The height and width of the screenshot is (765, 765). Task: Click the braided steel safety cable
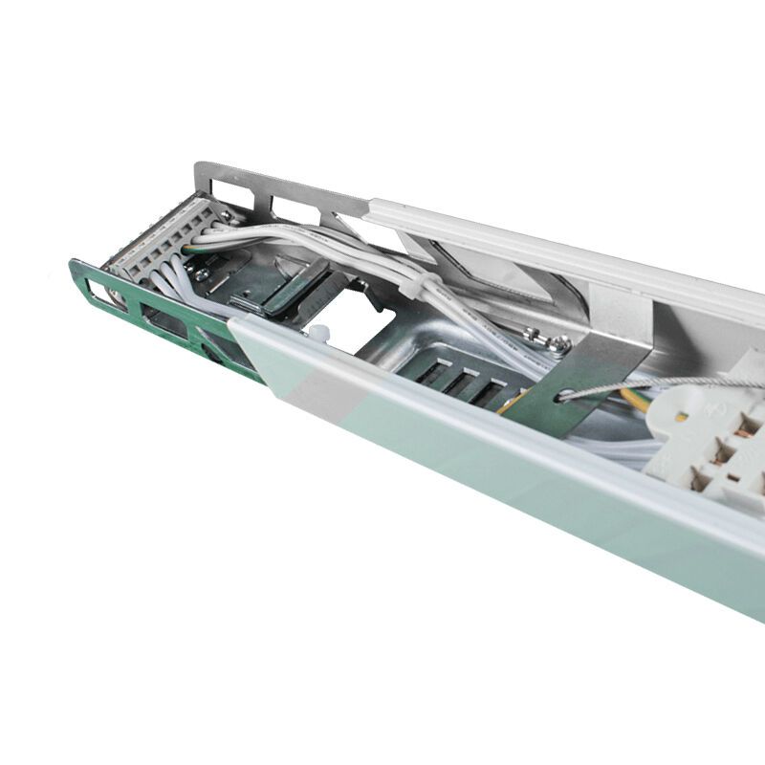pyautogui.click(x=669, y=382)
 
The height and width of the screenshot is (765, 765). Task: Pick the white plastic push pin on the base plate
pyautogui.click(x=318, y=335)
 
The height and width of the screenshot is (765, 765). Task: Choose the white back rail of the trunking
pyautogui.click(x=574, y=258)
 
